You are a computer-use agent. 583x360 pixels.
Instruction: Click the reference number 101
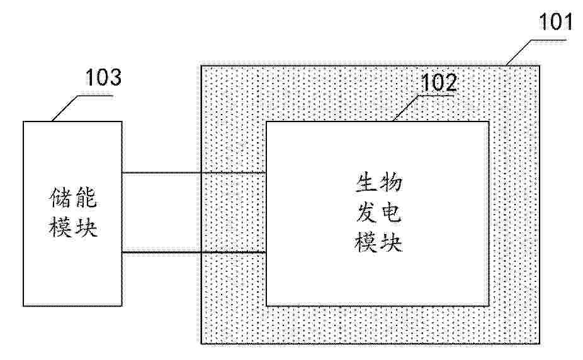click(555, 21)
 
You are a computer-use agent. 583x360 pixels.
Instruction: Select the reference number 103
click(103, 77)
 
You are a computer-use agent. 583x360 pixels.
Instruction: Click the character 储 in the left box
click(60, 197)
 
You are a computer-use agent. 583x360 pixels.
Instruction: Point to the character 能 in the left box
click(86, 197)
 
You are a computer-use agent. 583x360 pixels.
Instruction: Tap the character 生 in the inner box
click(366, 183)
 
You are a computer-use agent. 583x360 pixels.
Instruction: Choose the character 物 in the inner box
click(390, 183)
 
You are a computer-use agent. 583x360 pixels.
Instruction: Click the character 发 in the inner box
click(366, 213)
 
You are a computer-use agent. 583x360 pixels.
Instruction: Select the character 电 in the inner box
click(391, 213)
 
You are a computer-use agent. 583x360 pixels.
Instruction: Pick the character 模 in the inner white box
click(366, 242)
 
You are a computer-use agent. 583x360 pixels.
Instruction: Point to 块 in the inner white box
click(391, 242)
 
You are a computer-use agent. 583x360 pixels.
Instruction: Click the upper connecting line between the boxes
click(194, 172)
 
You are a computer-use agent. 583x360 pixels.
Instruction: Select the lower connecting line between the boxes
click(194, 252)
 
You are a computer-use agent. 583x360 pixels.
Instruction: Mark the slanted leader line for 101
click(519, 52)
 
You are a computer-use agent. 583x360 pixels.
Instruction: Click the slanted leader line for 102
click(406, 108)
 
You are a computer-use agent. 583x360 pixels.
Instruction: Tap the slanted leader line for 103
click(65, 108)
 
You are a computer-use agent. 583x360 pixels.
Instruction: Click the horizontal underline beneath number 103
click(96, 96)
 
